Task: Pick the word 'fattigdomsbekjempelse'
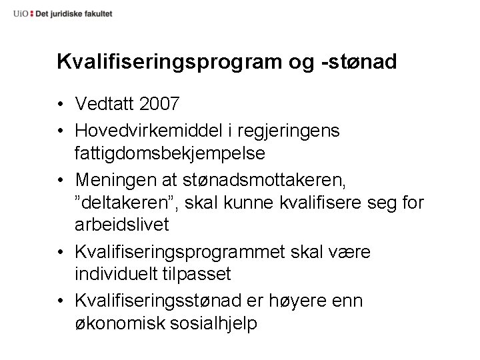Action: point(171,153)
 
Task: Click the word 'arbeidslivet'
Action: point(123,225)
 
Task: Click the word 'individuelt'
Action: point(117,274)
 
